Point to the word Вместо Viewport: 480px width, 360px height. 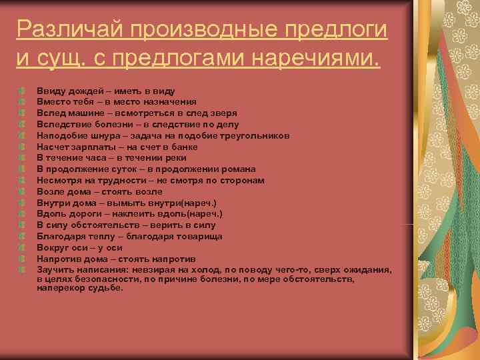coord(52,101)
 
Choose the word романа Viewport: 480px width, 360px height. coord(239,169)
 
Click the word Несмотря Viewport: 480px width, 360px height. coord(58,181)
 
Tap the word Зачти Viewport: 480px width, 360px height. coord(53,270)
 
